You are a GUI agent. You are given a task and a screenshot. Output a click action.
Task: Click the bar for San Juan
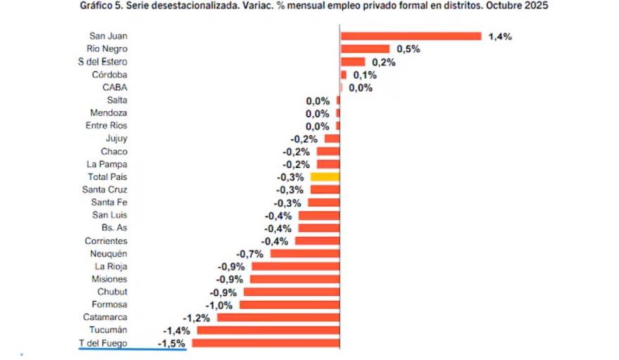411,36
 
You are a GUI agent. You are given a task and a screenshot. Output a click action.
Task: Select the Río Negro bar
364,49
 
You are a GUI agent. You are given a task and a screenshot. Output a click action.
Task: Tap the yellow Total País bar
325,177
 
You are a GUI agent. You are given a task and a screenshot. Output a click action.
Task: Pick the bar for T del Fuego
265,343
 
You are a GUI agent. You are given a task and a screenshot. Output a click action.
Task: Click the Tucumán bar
268,330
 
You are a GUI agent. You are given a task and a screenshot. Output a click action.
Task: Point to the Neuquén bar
305,254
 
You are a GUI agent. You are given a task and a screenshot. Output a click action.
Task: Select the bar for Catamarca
278,317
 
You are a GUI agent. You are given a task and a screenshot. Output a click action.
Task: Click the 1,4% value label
499,37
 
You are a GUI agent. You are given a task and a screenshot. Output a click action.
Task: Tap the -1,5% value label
172,343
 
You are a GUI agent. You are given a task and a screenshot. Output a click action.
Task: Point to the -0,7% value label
250,254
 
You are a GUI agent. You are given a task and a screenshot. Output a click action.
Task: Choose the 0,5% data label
408,49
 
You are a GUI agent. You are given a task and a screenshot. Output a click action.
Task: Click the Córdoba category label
109,75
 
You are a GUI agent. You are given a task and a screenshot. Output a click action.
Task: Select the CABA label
115,87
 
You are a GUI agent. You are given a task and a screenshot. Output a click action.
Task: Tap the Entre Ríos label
108,126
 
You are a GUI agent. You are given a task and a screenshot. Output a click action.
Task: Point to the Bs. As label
114,228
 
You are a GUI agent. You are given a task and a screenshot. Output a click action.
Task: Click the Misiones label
109,279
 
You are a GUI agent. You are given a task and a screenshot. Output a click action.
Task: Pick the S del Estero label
103,62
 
